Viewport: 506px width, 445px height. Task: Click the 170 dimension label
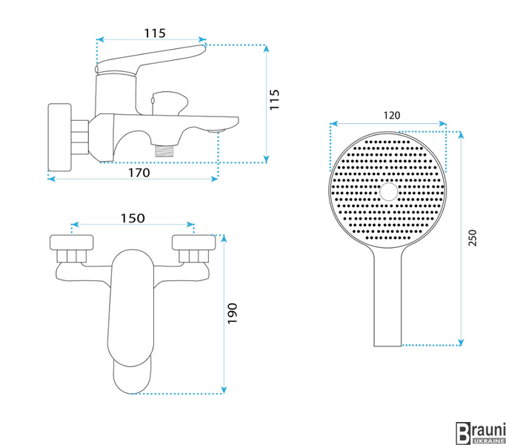(x=139, y=173)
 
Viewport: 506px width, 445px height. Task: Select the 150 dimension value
(x=133, y=219)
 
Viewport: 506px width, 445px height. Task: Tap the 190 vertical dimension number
(x=232, y=313)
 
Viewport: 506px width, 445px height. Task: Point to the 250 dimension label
(x=472, y=238)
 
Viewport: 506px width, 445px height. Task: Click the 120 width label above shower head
(x=392, y=116)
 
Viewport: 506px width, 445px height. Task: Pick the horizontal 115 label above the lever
(x=155, y=33)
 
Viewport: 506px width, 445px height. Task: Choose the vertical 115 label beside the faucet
(x=274, y=100)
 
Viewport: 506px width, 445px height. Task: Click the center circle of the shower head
(x=388, y=191)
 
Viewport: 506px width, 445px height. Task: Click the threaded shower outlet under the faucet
(x=164, y=151)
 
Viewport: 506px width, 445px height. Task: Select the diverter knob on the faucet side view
(x=170, y=103)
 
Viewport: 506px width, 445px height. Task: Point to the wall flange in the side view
(x=60, y=137)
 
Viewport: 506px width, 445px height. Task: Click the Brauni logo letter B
(x=463, y=433)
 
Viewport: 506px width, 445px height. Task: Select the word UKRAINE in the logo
(x=488, y=441)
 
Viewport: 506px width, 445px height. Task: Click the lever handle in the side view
(x=150, y=59)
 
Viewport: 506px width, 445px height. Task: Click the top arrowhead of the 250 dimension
(x=461, y=135)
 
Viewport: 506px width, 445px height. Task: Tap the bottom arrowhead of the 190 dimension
(x=224, y=390)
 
